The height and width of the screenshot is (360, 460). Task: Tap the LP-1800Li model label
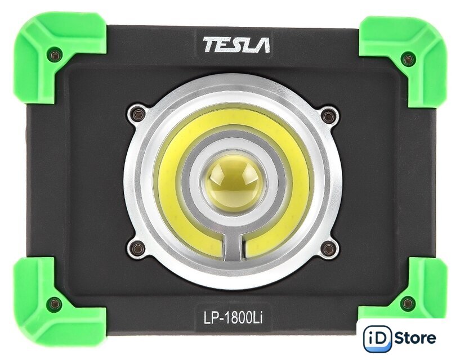pos(233,318)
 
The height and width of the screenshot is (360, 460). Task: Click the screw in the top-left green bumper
pos(56,55)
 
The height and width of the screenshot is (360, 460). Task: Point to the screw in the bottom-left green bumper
pos(55,304)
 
